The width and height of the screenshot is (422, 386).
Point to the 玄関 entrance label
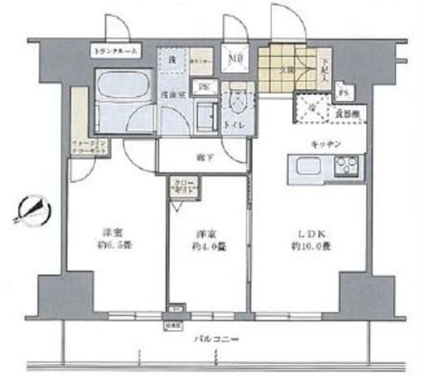point(287,69)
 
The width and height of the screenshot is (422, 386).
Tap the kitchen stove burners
point(347,168)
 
